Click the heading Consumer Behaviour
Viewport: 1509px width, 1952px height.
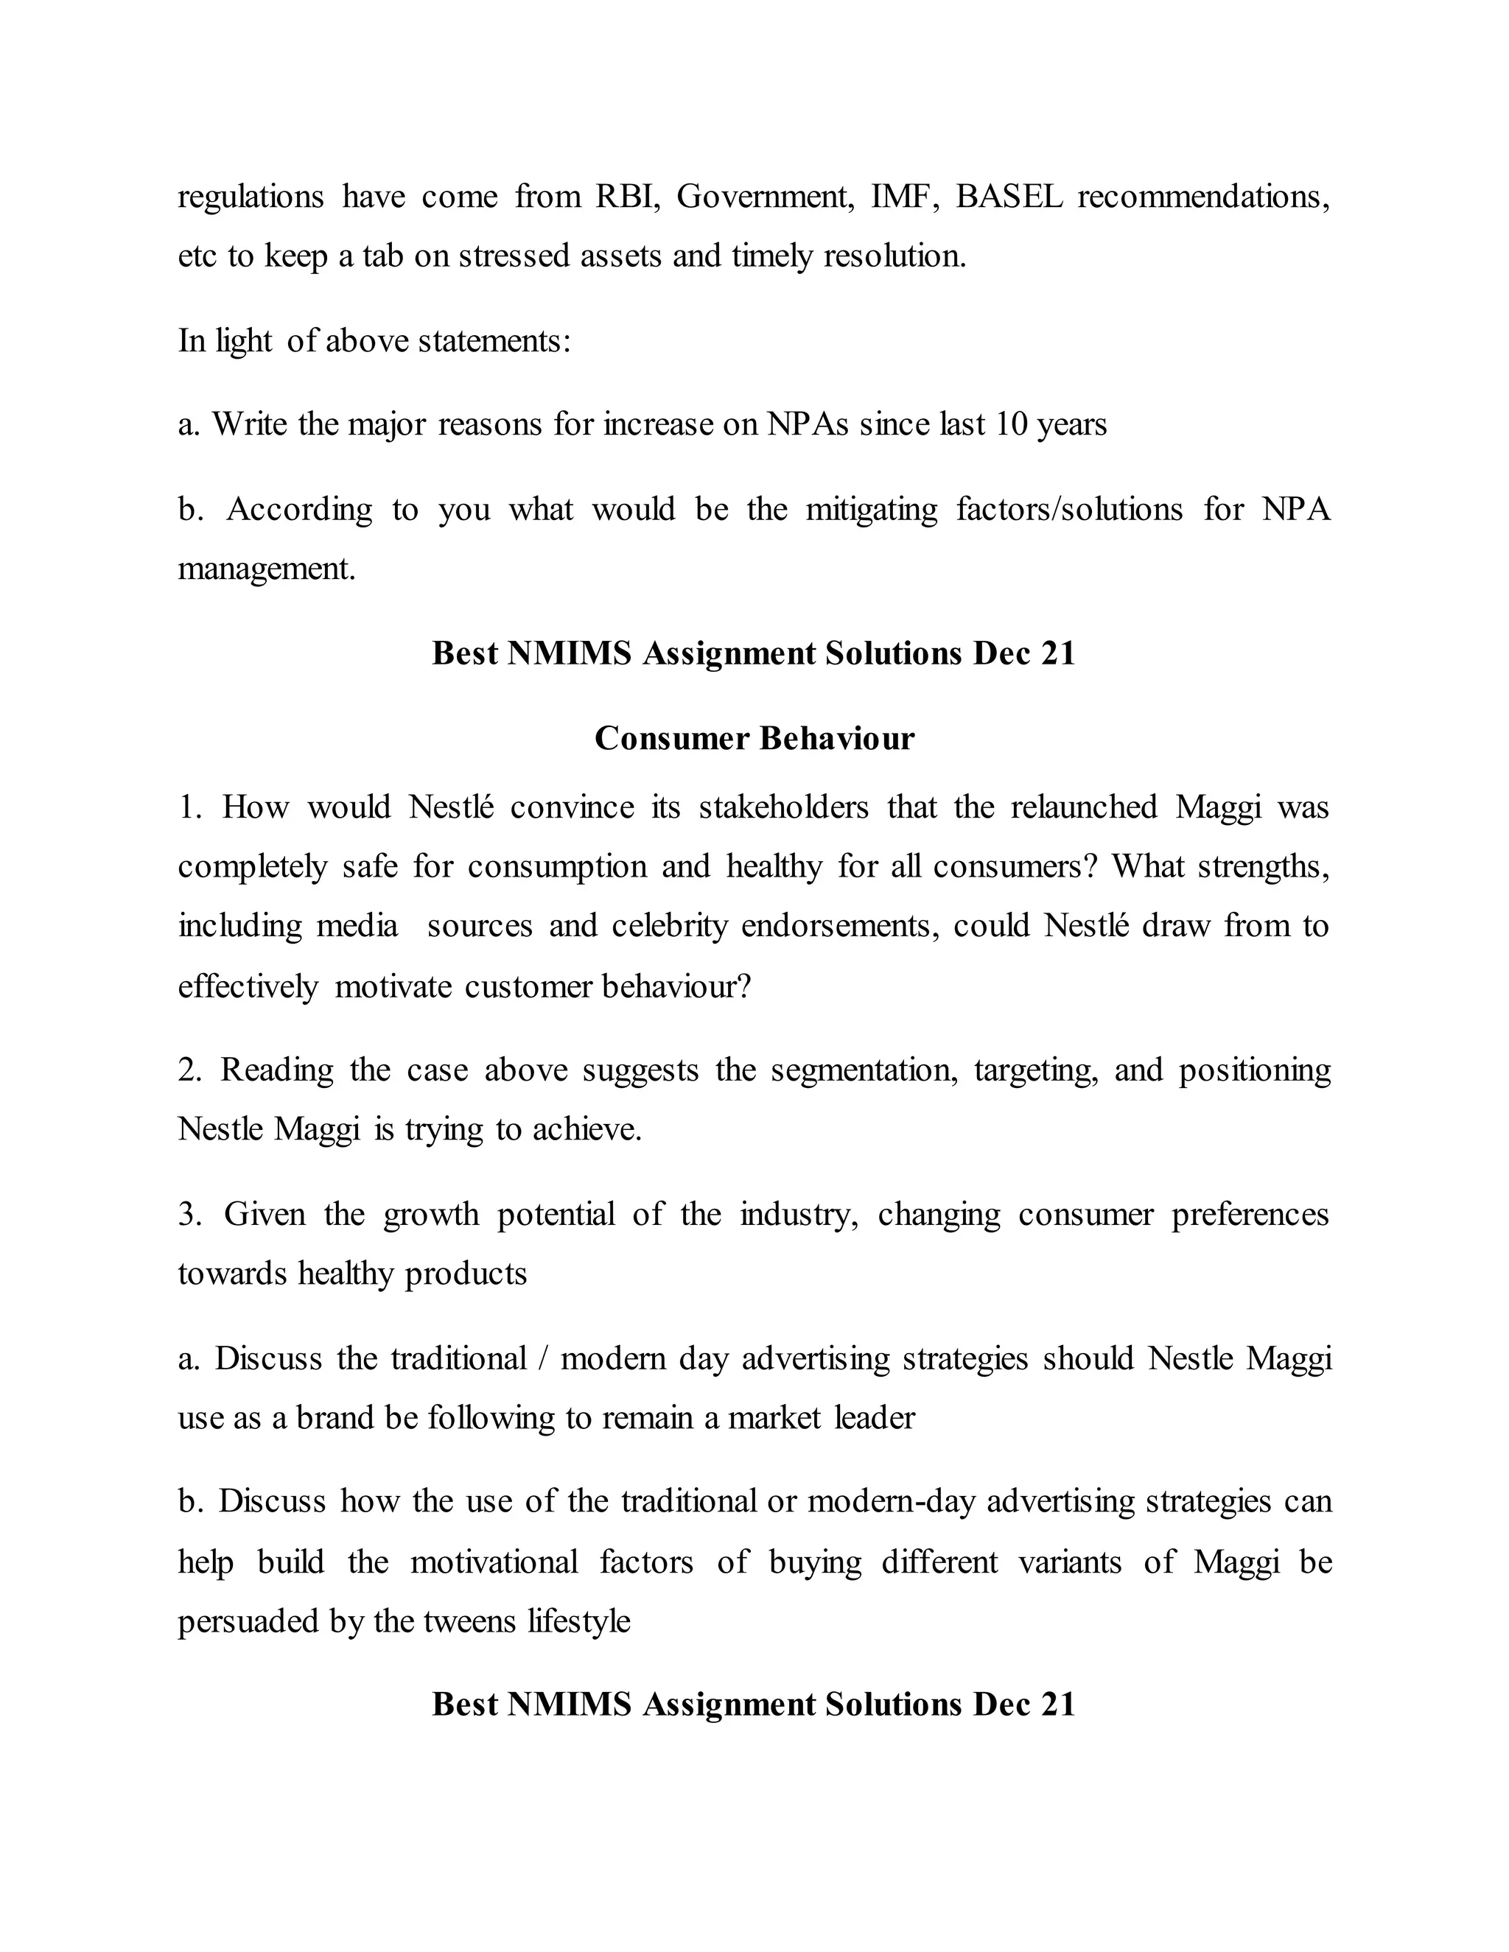tap(754, 738)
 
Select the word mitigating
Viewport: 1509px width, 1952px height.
tap(872, 510)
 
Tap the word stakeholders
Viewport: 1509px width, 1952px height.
tap(783, 807)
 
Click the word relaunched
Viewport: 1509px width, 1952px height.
tap(1083, 807)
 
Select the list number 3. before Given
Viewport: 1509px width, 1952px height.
tap(189, 1215)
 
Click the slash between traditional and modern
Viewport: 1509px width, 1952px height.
tap(544, 1358)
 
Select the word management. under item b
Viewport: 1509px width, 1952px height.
tap(267, 569)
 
